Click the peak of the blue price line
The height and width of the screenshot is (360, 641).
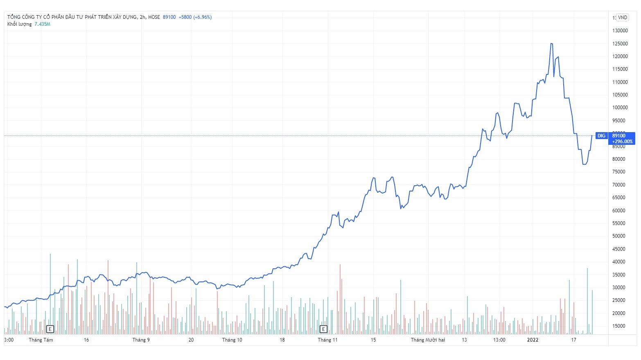pos(552,43)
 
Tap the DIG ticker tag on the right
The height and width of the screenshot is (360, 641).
pos(601,136)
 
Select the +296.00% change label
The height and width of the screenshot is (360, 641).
pos(622,142)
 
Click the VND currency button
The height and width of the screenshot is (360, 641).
pos(623,18)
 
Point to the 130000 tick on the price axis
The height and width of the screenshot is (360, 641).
pos(620,31)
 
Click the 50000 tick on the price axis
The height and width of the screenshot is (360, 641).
pos(618,236)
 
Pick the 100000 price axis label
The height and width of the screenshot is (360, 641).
pos(620,108)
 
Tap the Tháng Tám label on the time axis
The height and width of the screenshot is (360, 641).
pos(41,340)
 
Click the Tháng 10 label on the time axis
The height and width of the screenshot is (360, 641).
pos(232,340)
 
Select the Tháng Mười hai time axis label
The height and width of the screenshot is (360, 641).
pos(428,340)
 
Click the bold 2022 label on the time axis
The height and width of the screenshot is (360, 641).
pos(533,340)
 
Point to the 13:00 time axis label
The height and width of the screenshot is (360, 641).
pos(499,340)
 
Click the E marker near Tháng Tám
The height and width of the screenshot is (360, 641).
pos(50,329)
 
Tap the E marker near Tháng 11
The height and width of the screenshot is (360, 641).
pos(323,329)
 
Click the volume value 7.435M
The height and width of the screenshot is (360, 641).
pos(42,24)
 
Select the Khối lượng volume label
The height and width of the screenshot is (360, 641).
pos(19,24)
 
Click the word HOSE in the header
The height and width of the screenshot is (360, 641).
pos(154,17)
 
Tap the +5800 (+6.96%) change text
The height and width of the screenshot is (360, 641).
pos(195,17)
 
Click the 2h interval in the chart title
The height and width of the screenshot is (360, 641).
pos(142,17)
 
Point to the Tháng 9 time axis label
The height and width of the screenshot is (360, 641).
pos(141,340)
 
